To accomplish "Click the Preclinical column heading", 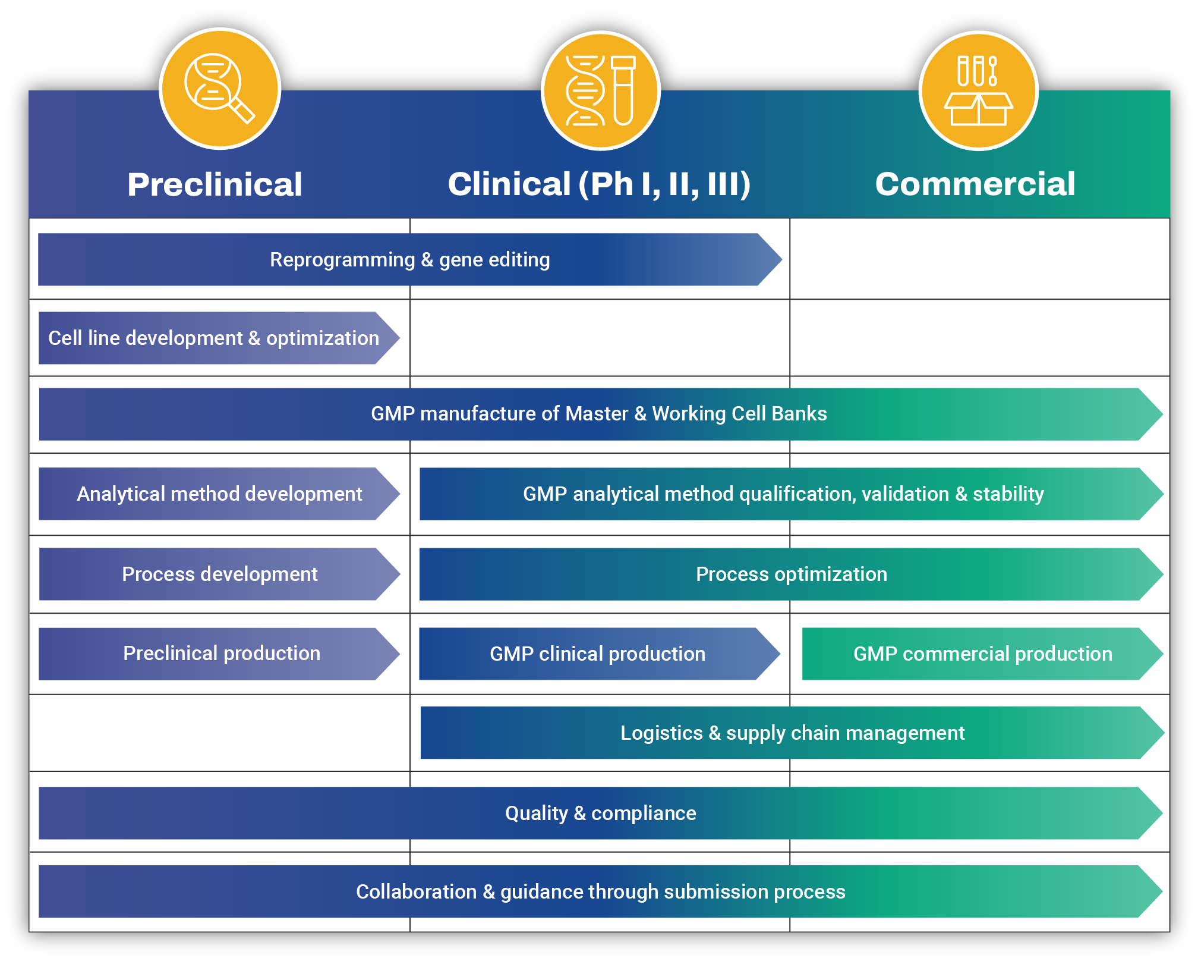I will click(215, 184).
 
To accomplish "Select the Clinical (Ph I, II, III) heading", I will click(599, 184).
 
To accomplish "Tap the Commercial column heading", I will click(975, 184).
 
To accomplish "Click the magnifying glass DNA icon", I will click(220, 89).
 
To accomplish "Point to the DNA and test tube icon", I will click(600, 90).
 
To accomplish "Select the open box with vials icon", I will click(978, 90).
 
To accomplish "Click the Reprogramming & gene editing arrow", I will click(410, 260).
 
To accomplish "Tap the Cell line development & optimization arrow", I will click(214, 338).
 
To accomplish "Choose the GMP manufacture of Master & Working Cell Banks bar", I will click(599, 414).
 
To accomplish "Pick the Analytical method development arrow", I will click(219, 494).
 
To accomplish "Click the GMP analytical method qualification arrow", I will click(783, 494).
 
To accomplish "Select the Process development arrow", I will click(219, 574).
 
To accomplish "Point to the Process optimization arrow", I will click(791, 574).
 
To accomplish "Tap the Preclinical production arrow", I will click(221, 654).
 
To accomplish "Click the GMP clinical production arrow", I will click(597, 654).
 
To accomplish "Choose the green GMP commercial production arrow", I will click(982, 654).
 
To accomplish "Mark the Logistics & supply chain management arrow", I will click(792, 733).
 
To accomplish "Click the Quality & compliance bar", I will click(600, 814).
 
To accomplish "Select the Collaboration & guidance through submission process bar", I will click(600, 892).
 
